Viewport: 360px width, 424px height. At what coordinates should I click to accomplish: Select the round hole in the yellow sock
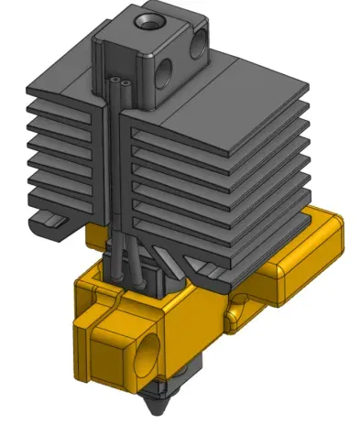tap(147, 353)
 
